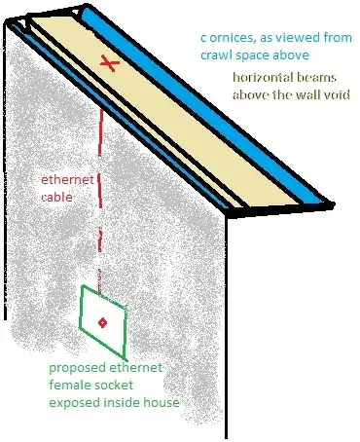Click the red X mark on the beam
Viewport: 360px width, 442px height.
111,64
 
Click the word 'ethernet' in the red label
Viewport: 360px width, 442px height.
68,180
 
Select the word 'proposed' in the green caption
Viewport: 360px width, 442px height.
77,371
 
